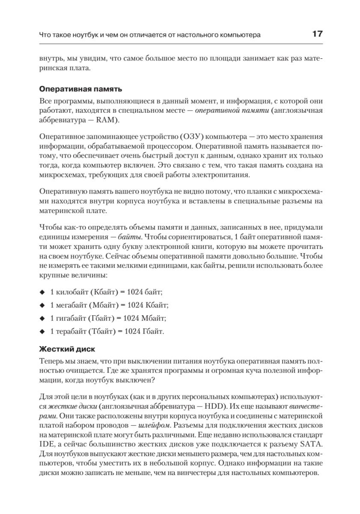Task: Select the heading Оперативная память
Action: click(80, 89)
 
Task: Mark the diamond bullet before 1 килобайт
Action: click(42, 292)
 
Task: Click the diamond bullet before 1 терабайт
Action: click(42, 332)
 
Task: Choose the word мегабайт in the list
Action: click(71, 305)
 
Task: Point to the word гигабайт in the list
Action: click(71, 318)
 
